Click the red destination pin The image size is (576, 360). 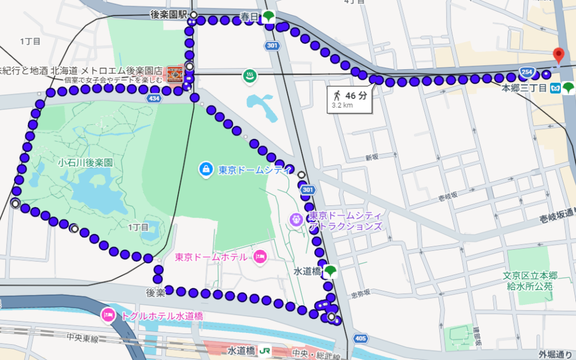558,55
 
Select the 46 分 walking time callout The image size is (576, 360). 350,96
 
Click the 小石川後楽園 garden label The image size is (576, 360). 85,163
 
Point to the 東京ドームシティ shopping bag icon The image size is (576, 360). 206,168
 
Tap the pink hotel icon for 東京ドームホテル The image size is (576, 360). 260,256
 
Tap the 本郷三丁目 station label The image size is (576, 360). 524,88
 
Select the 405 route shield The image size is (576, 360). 361,338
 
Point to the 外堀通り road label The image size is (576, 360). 556,354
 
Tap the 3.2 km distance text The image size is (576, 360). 342,105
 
